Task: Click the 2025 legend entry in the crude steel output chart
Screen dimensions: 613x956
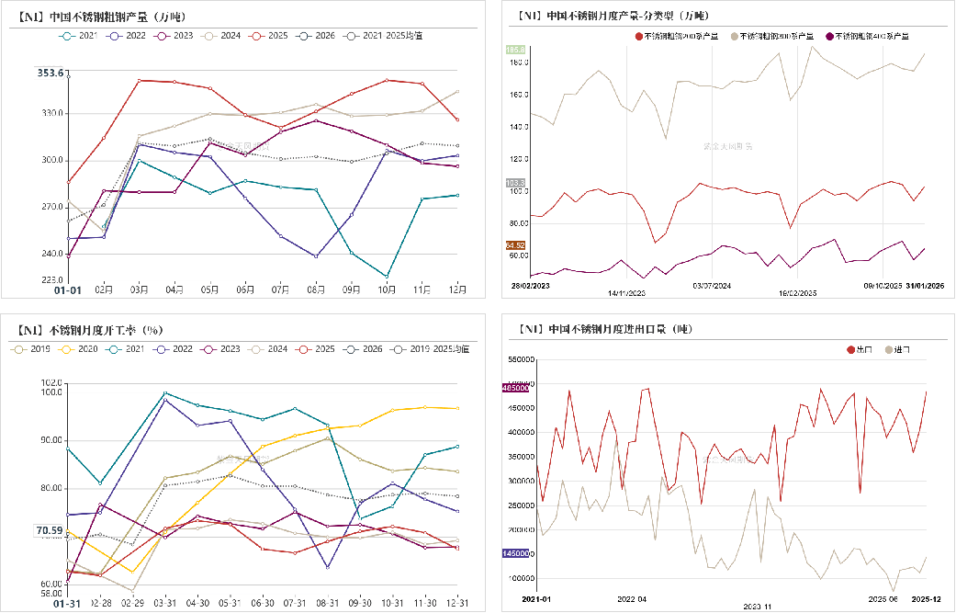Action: (x=270, y=36)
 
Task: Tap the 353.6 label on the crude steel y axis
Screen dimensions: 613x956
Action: (x=51, y=73)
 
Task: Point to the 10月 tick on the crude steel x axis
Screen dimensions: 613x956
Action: (x=388, y=289)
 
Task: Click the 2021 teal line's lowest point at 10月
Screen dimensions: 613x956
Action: (x=387, y=276)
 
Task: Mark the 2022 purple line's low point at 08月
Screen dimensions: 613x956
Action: (x=316, y=256)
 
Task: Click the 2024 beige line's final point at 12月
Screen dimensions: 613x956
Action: (x=457, y=92)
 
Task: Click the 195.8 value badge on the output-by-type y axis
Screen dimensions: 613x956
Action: (x=515, y=49)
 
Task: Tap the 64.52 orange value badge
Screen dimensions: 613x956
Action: (x=515, y=245)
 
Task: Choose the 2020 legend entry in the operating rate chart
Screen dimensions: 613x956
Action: (x=80, y=349)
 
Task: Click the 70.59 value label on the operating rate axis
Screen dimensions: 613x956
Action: (x=50, y=530)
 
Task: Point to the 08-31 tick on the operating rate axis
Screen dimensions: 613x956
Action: (x=327, y=602)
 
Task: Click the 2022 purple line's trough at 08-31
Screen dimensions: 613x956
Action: (x=327, y=567)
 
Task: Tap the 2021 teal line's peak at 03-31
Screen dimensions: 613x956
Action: (x=165, y=393)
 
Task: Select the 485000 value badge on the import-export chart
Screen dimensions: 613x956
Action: (x=515, y=388)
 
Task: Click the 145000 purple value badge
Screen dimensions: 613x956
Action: (x=515, y=553)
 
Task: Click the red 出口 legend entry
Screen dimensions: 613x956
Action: (x=860, y=350)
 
